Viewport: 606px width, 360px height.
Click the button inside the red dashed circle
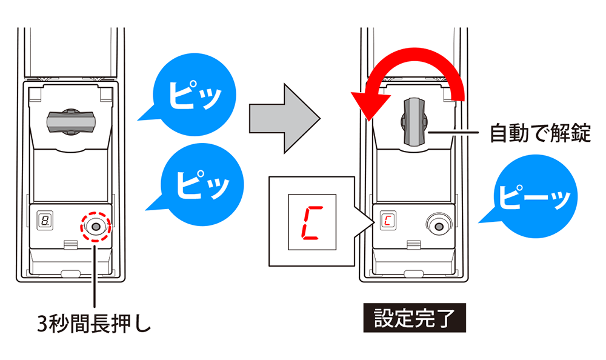pos(94,226)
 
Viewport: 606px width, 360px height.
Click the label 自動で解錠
pos(539,133)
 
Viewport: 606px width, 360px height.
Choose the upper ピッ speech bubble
pos(190,98)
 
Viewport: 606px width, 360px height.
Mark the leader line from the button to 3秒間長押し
pos(94,273)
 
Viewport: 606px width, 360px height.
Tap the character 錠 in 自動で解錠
pos(579,133)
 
